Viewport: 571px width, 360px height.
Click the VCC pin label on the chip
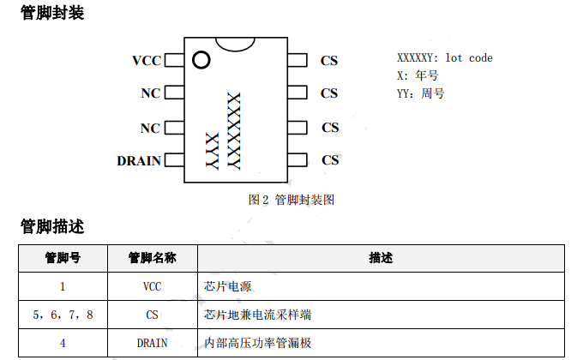pos(146,61)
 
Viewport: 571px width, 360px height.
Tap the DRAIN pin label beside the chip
pos(139,160)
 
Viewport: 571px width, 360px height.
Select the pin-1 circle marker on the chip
pos(201,60)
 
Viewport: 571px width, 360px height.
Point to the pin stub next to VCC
pos(172,61)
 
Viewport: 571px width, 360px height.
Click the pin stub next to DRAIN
pos(172,160)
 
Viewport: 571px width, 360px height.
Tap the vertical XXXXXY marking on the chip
pos(232,129)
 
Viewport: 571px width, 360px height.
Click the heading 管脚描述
pos(52,226)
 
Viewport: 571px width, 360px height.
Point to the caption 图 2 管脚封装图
pos(291,200)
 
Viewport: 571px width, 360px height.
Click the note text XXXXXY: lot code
pos(444,58)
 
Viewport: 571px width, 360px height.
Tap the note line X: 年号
pos(420,75)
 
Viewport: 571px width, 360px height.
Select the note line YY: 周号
pos(421,93)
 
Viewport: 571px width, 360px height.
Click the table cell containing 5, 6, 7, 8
pos(63,315)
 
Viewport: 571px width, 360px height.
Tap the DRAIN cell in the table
pos(152,343)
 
